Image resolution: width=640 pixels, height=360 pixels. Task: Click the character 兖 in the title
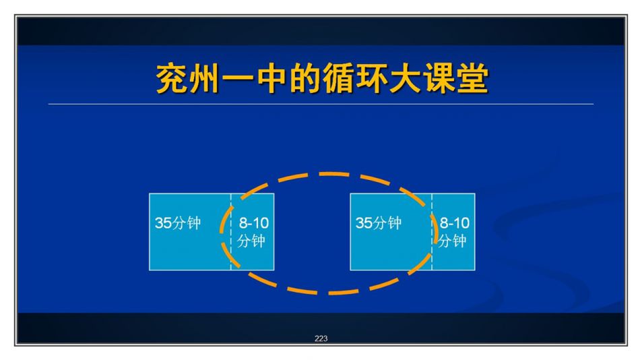click(x=172, y=78)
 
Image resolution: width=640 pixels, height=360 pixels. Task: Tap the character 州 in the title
click(x=205, y=78)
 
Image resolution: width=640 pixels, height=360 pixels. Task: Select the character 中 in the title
click(x=271, y=78)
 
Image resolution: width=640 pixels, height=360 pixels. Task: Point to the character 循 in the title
click(x=338, y=78)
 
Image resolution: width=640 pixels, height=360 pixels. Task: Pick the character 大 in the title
click(x=405, y=78)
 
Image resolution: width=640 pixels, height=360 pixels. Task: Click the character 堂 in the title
click(x=472, y=78)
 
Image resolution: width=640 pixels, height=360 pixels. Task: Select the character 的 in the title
click(x=305, y=78)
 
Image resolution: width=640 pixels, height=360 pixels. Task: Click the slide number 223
click(x=321, y=338)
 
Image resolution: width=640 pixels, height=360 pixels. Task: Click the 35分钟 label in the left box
click(x=178, y=223)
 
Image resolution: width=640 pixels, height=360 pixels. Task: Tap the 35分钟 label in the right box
click(x=379, y=223)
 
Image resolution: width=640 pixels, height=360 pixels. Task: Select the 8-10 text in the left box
click(x=253, y=223)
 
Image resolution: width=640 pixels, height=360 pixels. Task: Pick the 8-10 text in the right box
click(x=454, y=223)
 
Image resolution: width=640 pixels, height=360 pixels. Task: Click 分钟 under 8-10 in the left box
click(x=251, y=241)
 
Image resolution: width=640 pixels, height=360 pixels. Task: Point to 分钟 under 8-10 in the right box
click(x=452, y=241)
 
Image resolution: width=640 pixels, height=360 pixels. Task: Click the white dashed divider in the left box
click(x=231, y=232)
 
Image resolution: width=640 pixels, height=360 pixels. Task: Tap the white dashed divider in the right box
click(x=432, y=232)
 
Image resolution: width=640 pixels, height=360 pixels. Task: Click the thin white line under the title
click(x=321, y=104)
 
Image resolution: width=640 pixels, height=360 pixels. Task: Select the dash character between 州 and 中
click(x=238, y=78)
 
